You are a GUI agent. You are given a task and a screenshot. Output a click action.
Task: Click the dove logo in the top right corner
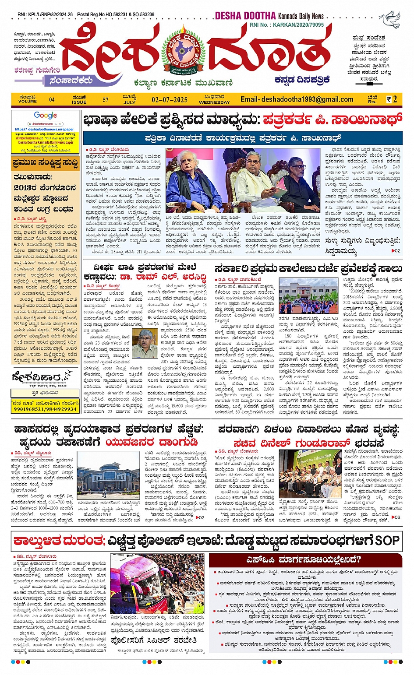coord(389,20)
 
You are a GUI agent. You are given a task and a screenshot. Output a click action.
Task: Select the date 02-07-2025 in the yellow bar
coord(170,100)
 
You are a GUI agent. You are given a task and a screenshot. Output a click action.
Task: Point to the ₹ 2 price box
coord(392,99)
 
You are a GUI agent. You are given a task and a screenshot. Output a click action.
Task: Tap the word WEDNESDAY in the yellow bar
coord(214,102)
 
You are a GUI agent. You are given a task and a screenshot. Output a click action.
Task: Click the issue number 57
coord(106,100)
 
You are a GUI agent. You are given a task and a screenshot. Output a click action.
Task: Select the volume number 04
coord(52,100)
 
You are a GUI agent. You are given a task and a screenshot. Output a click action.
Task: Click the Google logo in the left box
coord(46,116)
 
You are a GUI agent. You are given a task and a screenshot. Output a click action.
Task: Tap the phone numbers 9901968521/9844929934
coord(45,409)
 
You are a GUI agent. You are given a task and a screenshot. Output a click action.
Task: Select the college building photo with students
coord(308,296)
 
